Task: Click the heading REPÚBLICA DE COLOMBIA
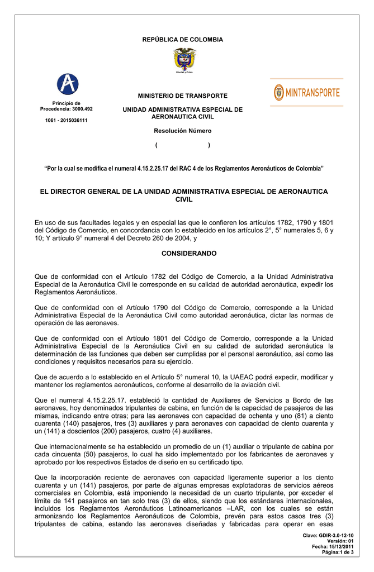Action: (182, 40)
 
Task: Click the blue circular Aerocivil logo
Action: (67, 85)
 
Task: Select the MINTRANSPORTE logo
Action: (307, 92)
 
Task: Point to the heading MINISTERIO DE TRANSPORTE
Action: (182, 96)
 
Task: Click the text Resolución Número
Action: (182, 131)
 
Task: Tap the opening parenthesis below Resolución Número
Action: (157, 145)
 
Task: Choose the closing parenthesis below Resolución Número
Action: (209, 145)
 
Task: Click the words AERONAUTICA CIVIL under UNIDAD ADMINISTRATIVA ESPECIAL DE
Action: (182, 117)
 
